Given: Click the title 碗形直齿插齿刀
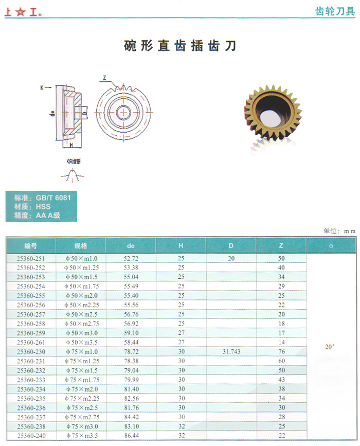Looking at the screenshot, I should pyautogui.click(x=180, y=46).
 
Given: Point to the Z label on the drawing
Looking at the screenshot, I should pyautogui.click(x=104, y=78).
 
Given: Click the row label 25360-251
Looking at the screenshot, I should pyautogui.click(x=31, y=257).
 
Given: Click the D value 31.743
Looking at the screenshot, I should pyautogui.click(x=231, y=351).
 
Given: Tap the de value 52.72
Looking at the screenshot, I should pyautogui.click(x=131, y=257).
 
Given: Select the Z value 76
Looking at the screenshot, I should pyautogui.click(x=281, y=351).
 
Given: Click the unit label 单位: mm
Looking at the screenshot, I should pyautogui.click(x=339, y=231).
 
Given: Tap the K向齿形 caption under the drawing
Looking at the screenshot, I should pyautogui.click(x=74, y=161).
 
